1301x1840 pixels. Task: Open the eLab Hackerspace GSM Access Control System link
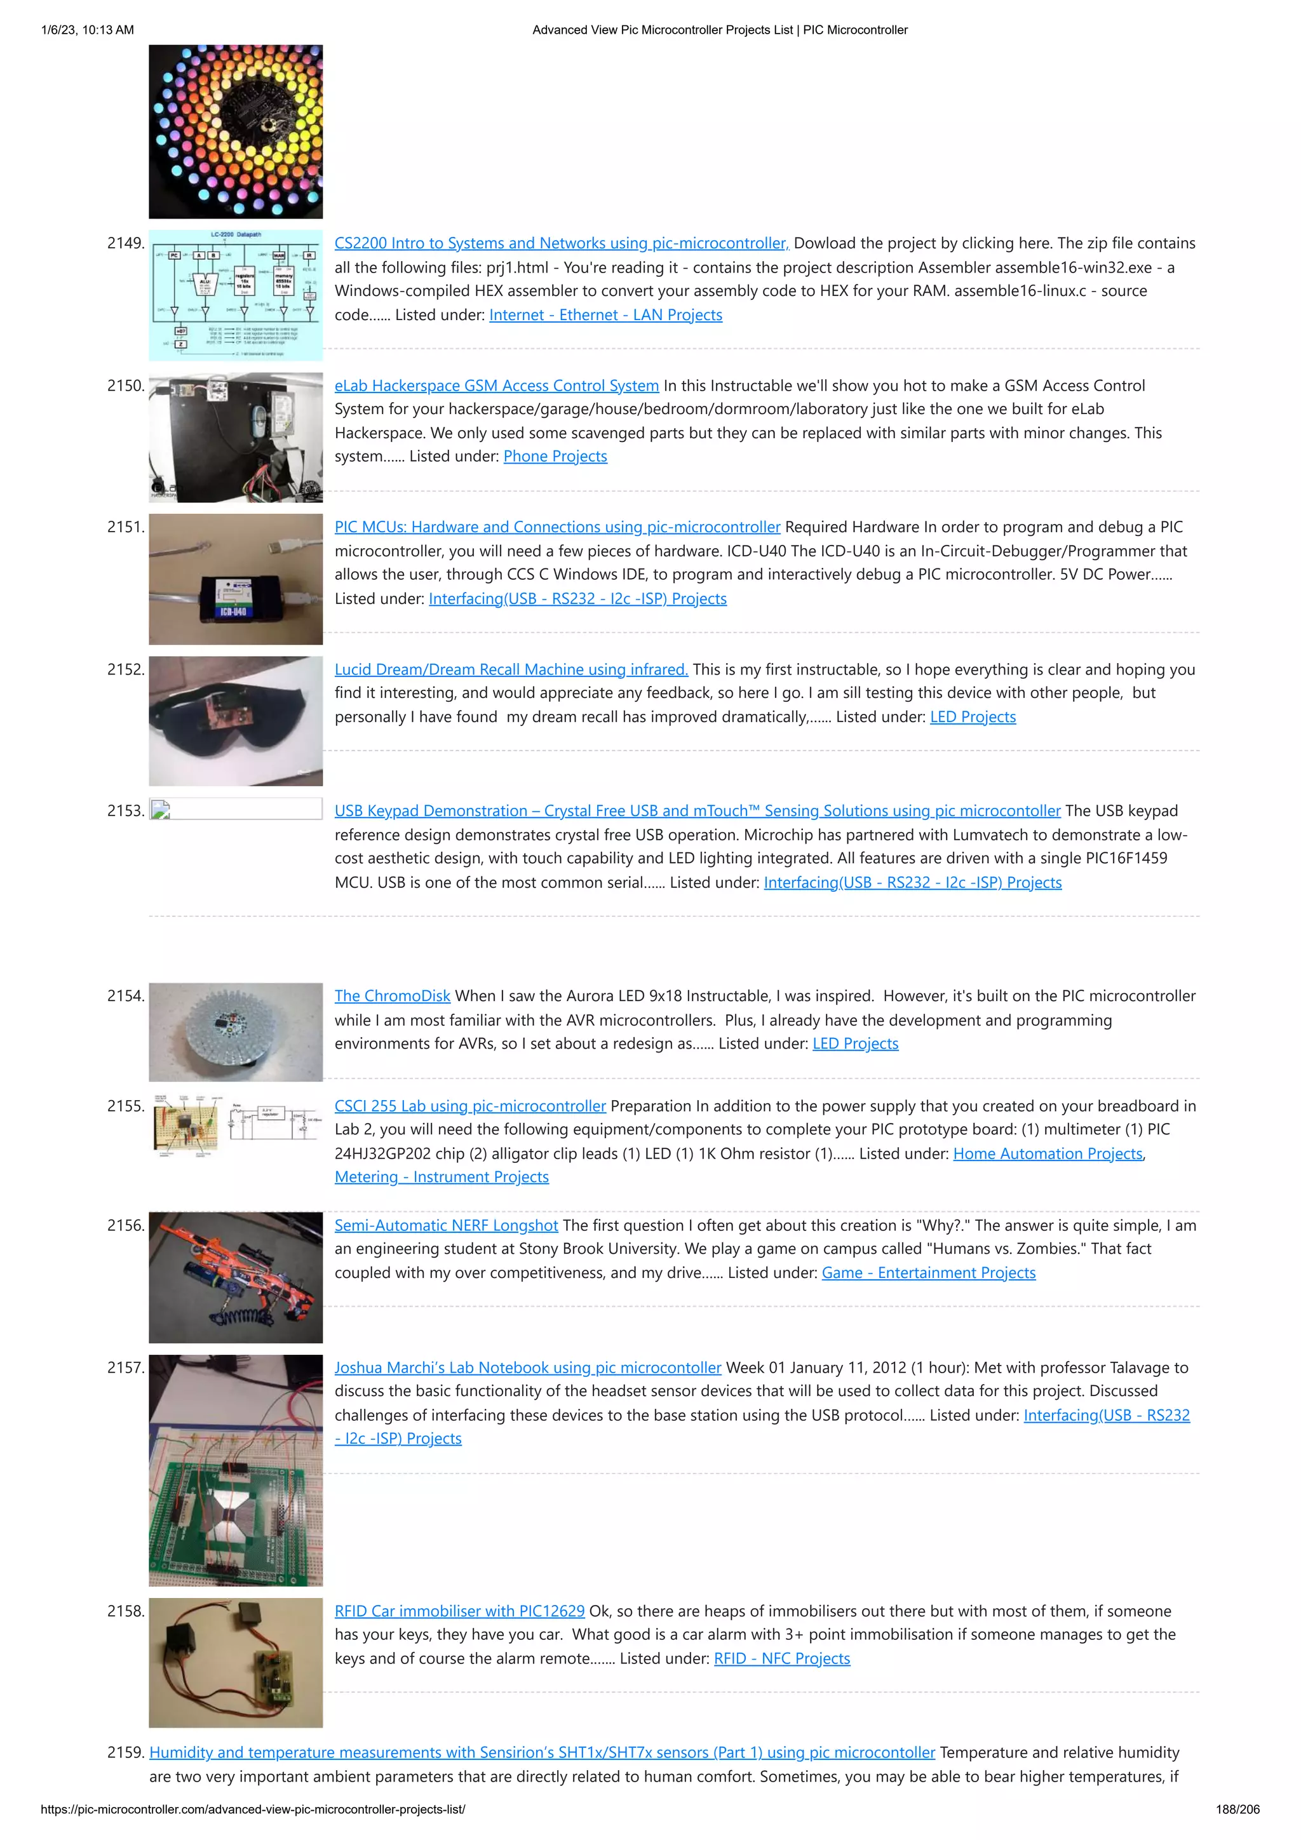(x=496, y=386)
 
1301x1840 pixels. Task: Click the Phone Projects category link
(x=555, y=456)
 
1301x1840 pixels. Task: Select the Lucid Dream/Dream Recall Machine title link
(x=511, y=669)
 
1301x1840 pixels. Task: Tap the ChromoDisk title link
(x=392, y=995)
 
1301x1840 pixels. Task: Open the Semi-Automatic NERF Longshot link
(x=446, y=1225)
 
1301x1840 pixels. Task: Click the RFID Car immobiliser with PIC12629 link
(x=459, y=1611)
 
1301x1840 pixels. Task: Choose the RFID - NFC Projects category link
(x=781, y=1658)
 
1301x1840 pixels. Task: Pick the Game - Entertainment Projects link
(x=928, y=1273)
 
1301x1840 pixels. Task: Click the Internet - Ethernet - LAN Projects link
(x=605, y=315)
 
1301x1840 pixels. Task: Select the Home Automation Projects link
(x=1047, y=1153)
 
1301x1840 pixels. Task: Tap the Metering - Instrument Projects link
(x=442, y=1176)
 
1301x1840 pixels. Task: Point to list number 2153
(x=126, y=811)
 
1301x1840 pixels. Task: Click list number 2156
(x=126, y=1225)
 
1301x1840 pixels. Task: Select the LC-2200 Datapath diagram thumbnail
(x=236, y=294)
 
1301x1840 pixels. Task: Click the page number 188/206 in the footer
(x=1237, y=1809)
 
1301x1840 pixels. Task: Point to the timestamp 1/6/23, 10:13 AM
(x=88, y=30)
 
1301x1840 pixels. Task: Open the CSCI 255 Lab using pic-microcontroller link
(x=469, y=1106)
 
